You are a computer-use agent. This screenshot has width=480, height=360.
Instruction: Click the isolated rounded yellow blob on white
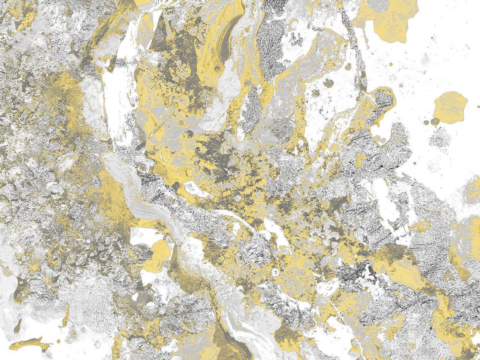pyautogui.click(x=450, y=107)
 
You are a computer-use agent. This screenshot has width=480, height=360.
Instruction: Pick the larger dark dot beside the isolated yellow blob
pyautogui.click(x=435, y=121)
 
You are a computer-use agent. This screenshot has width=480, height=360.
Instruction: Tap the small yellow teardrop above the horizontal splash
pyautogui.click(x=17, y=327)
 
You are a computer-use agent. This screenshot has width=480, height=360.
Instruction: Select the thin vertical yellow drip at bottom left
pyautogui.click(x=66, y=315)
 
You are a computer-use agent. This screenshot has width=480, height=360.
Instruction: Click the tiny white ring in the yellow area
pyautogui.click(x=276, y=272)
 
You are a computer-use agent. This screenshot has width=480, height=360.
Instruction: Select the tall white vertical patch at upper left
pyautogui.click(x=116, y=101)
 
